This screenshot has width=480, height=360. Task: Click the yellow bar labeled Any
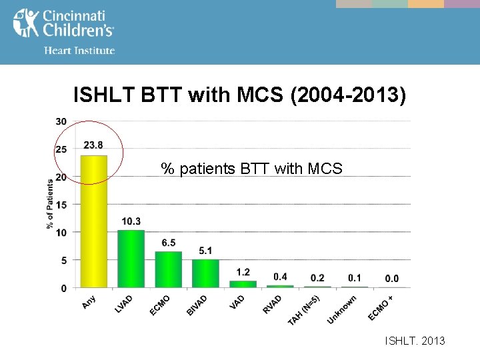93,221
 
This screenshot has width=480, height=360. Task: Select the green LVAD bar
131,259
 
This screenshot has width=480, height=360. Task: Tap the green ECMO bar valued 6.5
168,269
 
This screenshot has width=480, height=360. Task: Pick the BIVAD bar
205,273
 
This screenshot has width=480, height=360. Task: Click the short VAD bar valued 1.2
243,284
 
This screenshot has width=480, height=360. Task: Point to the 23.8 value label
93,145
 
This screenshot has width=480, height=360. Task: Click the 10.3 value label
131,221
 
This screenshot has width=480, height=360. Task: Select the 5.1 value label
205,250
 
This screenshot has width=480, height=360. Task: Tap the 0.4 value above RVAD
280,276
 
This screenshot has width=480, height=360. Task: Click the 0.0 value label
392,278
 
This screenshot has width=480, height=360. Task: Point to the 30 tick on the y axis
61,121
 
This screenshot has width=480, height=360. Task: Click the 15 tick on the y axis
61,205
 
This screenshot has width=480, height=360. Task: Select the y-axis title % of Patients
50,203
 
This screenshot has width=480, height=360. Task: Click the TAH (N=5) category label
304,310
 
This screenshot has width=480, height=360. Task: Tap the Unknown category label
342,309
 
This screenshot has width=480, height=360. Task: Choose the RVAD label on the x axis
272,304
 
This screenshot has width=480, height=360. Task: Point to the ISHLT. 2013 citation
415,341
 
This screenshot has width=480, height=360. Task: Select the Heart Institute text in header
79,50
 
